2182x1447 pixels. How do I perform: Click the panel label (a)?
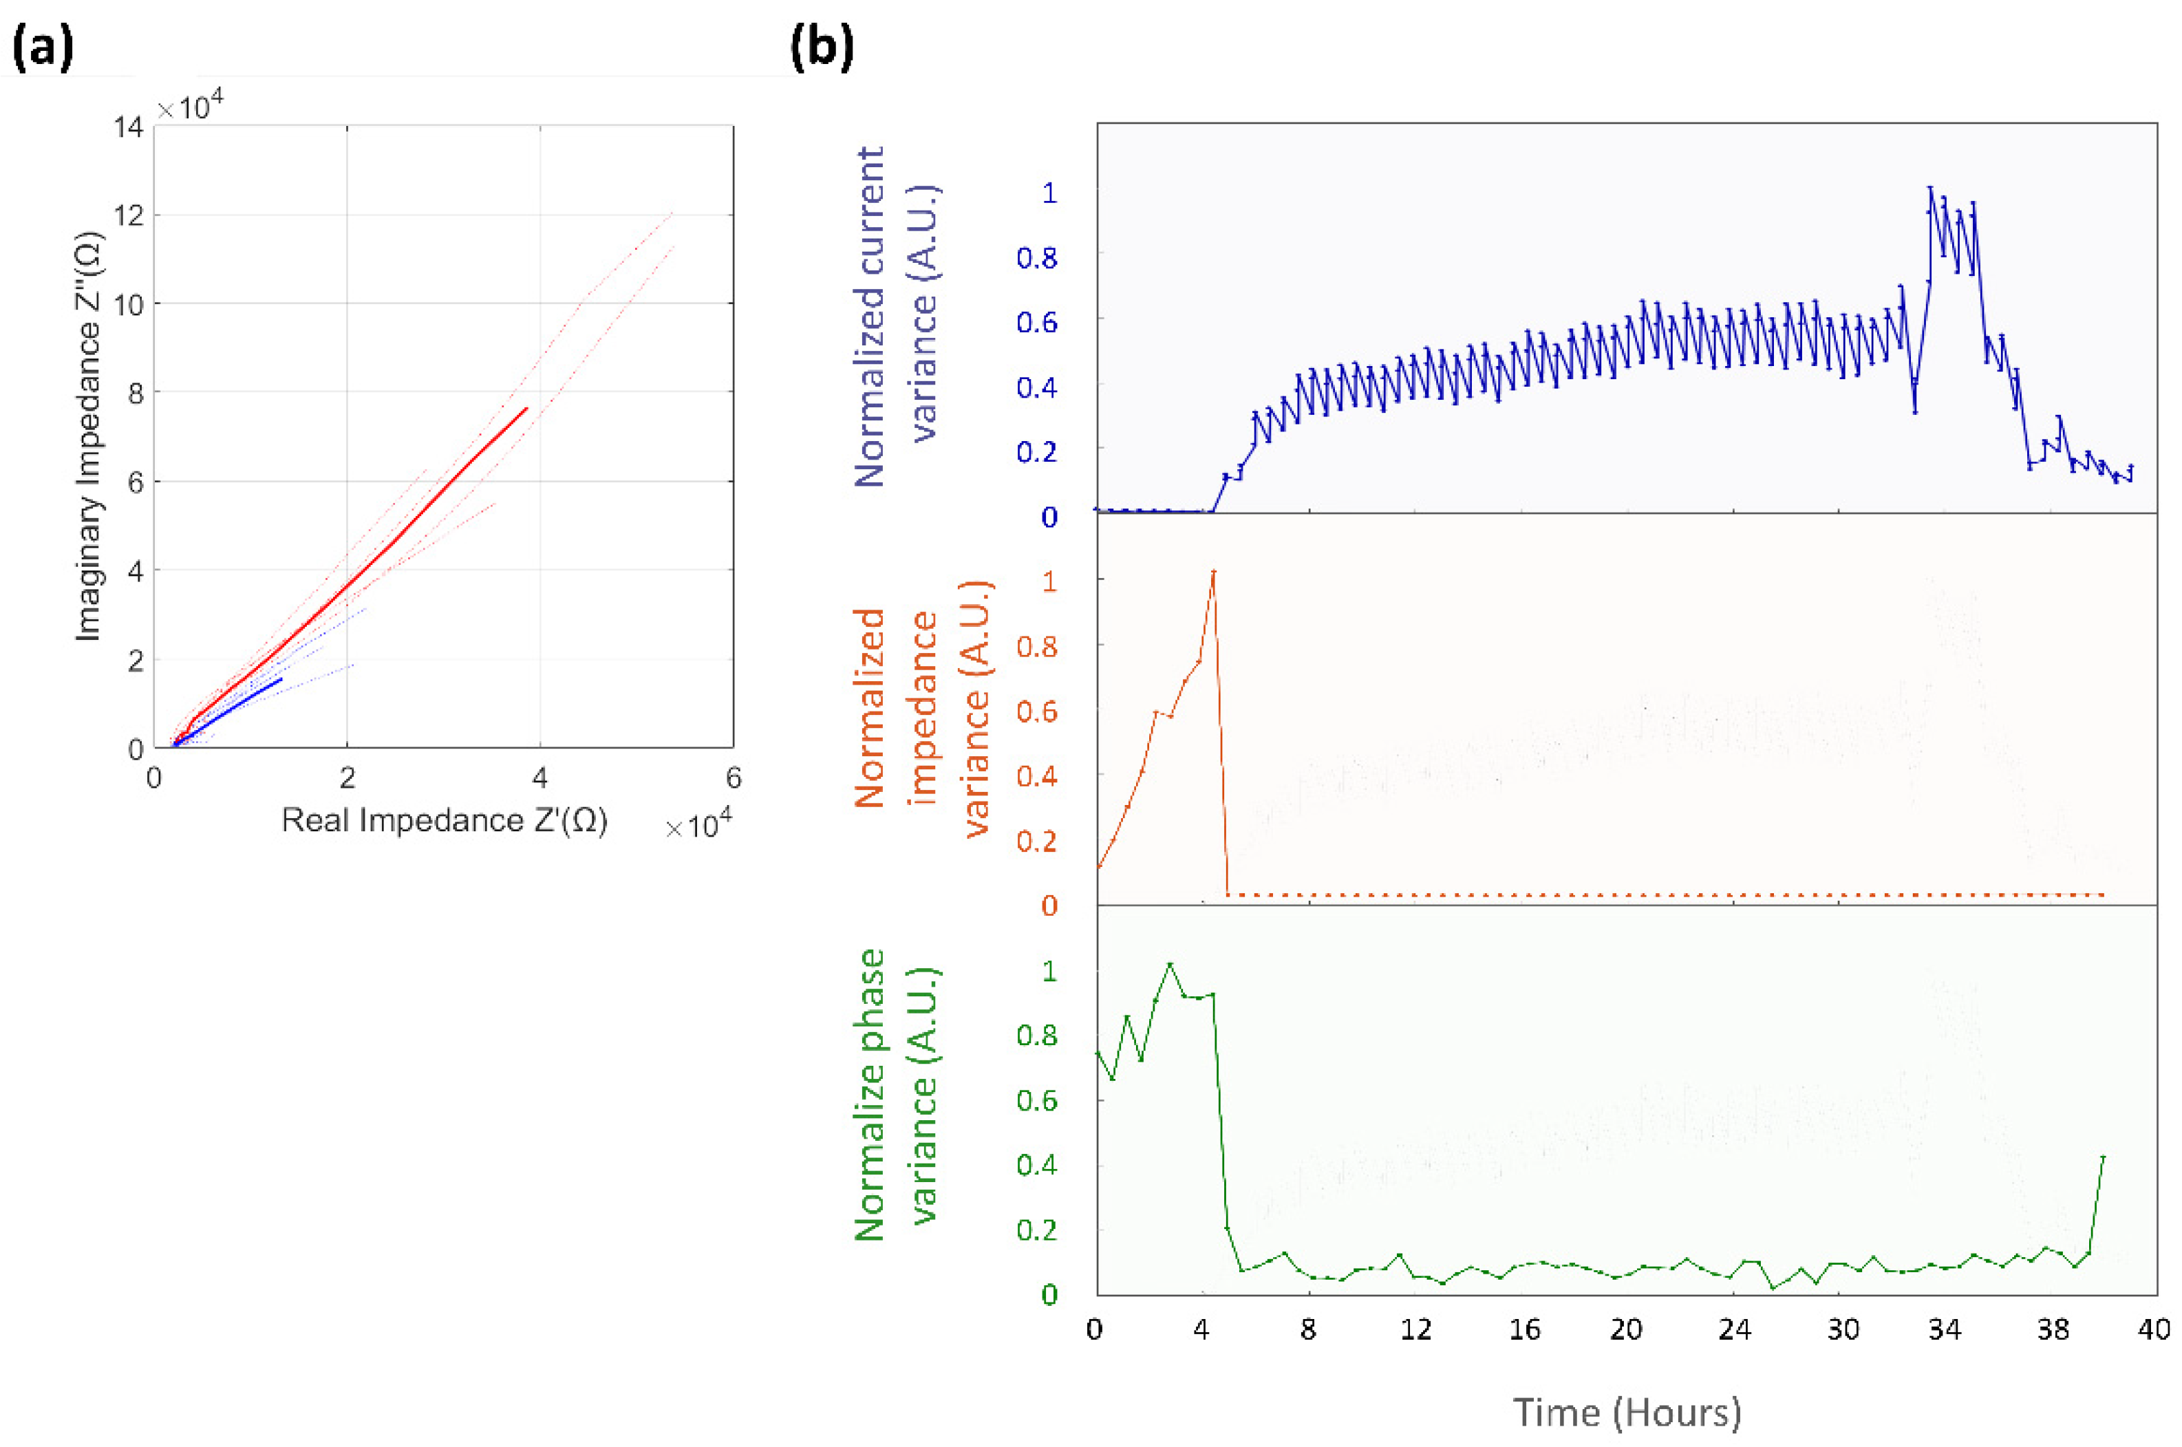[43, 49]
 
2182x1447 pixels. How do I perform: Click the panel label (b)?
[820, 49]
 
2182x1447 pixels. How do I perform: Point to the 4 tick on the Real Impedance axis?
[539, 779]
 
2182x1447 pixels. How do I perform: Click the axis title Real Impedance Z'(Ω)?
[444, 819]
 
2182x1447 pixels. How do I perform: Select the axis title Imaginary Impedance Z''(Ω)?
[89, 436]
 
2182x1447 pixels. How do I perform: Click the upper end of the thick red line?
[527, 408]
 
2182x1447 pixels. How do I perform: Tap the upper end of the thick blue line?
[281, 679]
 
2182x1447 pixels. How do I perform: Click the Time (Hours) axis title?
[1627, 1413]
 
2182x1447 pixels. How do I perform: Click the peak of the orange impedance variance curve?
[1213, 571]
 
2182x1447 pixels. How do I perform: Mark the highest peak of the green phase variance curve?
[1170, 965]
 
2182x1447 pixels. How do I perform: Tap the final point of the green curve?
[2103, 1157]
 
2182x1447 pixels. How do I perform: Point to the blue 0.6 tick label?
[1036, 322]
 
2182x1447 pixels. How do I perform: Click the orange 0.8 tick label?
[1036, 646]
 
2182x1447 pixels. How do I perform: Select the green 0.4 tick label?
[1036, 1166]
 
